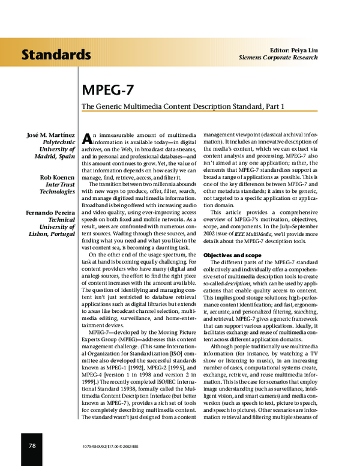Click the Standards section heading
pos(56,55)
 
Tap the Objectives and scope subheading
pos(231,255)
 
